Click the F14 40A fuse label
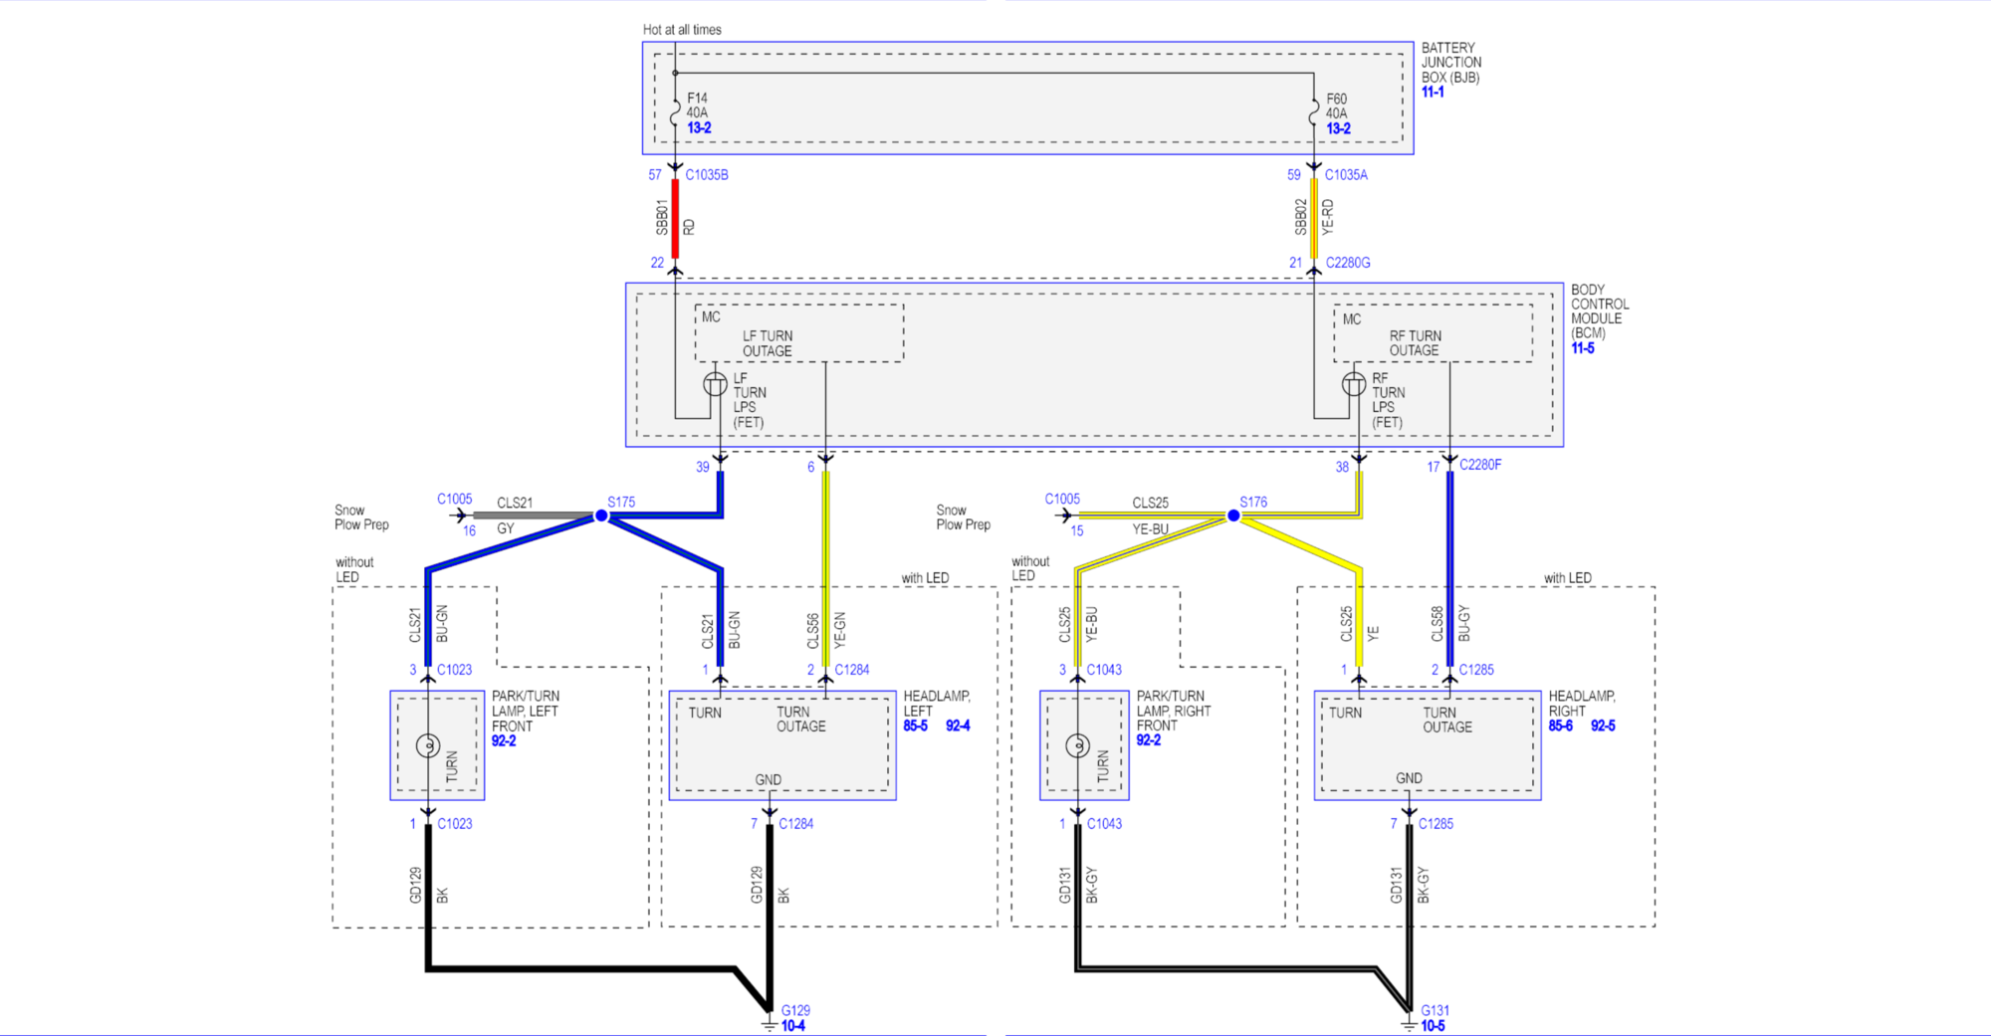pos(697,105)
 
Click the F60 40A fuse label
pos(1336,106)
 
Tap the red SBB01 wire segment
pos(675,219)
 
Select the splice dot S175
pos(601,516)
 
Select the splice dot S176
pos(1233,516)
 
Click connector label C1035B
pos(707,175)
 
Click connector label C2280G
pos(1348,263)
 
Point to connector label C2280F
pos(1480,465)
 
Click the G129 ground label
pos(795,1010)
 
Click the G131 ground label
pos(1435,1010)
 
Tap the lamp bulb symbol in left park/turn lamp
pos(428,745)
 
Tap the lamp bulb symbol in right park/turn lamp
pos(1077,745)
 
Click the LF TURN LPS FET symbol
pos(715,384)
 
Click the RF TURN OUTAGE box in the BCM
pos(1433,334)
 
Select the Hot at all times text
pos(682,30)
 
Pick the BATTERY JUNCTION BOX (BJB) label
pos(1450,62)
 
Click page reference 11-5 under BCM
pos(1583,348)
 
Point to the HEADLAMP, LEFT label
pos(936,704)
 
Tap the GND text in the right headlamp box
pos(1409,778)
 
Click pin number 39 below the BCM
pos(703,467)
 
